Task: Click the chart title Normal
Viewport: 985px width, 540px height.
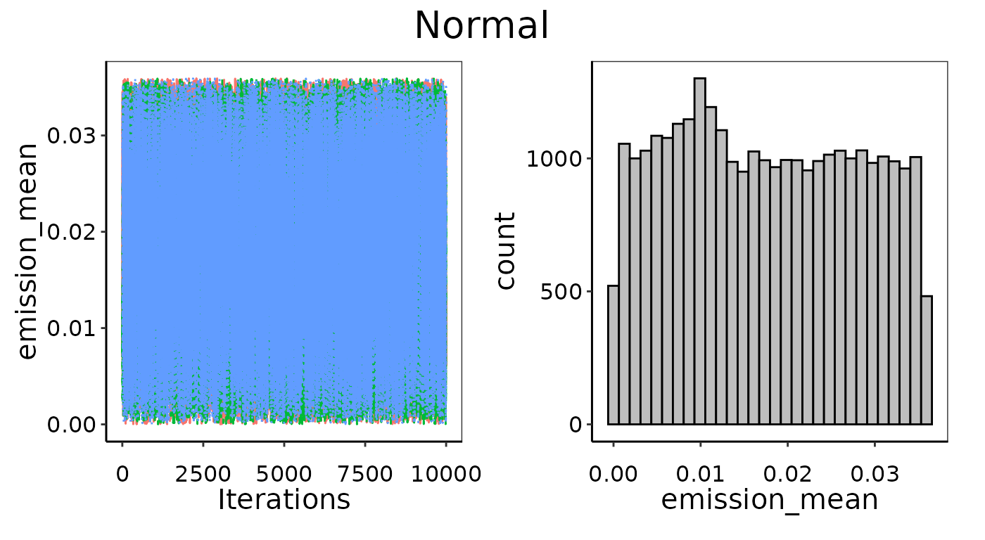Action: click(x=481, y=27)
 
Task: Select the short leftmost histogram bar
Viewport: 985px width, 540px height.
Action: click(x=613, y=354)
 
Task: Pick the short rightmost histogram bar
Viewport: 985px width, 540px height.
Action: click(x=927, y=360)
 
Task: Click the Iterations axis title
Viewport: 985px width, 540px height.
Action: click(x=284, y=499)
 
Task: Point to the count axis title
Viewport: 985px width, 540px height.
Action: click(x=506, y=250)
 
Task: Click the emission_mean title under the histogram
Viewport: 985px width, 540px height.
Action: click(x=770, y=499)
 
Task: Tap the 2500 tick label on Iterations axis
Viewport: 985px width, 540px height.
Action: click(x=203, y=474)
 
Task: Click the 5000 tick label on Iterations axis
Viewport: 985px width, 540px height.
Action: click(x=284, y=474)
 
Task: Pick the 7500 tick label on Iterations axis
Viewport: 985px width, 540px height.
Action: click(x=365, y=474)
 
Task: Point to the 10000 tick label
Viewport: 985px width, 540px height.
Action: click(x=446, y=474)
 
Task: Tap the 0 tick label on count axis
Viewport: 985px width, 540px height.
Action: click(x=575, y=425)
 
